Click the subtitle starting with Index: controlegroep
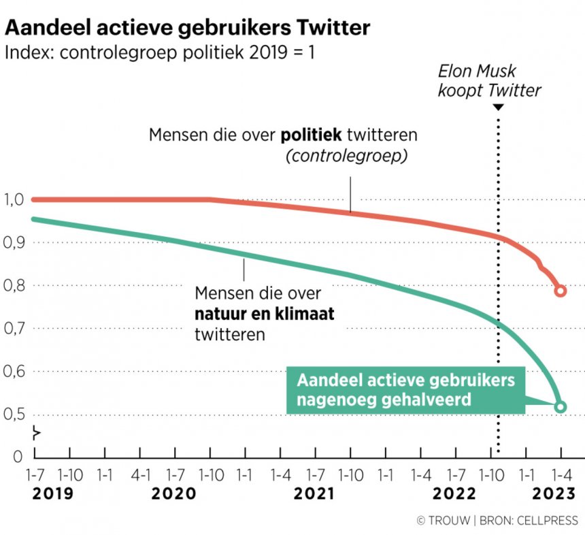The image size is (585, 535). [x=159, y=52]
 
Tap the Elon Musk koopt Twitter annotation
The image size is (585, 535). [x=489, y=80]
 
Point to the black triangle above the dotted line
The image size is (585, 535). [x=498, y=108]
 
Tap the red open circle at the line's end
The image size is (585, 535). [x=561, y=291]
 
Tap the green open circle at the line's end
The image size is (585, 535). [x=561, y=407]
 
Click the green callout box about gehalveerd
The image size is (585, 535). [x=406, y=390]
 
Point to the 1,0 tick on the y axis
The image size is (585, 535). [x=14, y=199]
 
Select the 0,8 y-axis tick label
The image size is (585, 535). [x=14, y=286]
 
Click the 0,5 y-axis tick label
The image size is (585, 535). [x=14, y=415]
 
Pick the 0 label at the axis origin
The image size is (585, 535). [x=18, y=456]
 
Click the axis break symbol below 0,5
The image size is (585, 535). [x=36, y=433]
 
